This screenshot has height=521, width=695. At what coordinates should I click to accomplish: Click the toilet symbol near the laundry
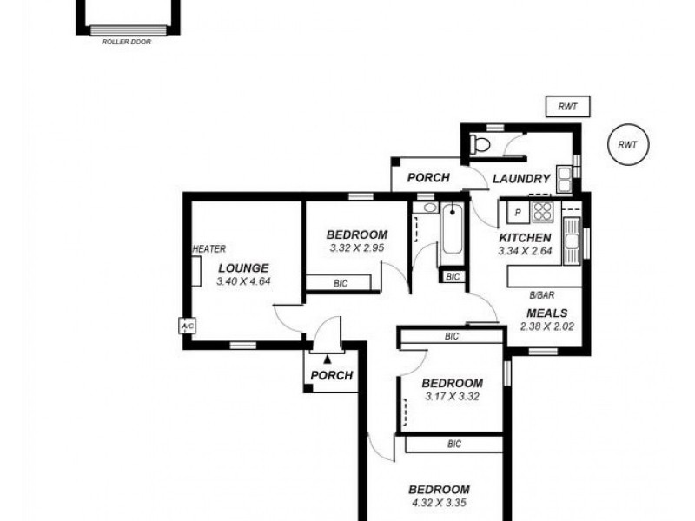[x=480, y=144]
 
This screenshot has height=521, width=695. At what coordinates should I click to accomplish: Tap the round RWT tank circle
[x=628, y=144]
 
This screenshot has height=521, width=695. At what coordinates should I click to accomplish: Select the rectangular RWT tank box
[x=567, y=107]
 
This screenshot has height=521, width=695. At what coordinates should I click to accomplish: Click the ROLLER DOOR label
[x=126, y=42]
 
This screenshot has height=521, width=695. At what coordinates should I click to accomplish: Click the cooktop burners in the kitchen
[x=542, y=211]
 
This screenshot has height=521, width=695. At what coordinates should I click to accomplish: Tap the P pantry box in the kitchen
[x=518, y=212]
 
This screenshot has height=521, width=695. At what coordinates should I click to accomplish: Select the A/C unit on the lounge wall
[x=187, y=326]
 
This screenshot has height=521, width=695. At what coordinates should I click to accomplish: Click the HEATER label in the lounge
[x=209, y=249]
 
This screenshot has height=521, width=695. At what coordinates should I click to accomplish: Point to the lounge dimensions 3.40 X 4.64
[x=243, y=280]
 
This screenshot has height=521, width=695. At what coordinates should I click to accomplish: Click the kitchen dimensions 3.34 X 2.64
[x=526, y=251]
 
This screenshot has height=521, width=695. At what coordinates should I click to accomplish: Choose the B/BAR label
[x=541, y=295]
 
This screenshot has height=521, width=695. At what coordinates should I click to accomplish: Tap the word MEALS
[x=547, y=313]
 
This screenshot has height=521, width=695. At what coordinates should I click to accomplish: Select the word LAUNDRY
[x=521, y=179]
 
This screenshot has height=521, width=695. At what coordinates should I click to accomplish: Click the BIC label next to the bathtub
[x=453, y=277]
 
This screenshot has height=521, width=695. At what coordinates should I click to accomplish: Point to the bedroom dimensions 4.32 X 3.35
[x=440, y=503]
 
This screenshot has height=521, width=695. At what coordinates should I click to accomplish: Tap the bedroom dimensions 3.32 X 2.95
[x=357, y=247]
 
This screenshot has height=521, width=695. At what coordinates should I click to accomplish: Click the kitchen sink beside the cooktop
[x=572, y=241]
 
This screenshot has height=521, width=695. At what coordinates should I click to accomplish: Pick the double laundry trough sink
[x=564, y=179]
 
